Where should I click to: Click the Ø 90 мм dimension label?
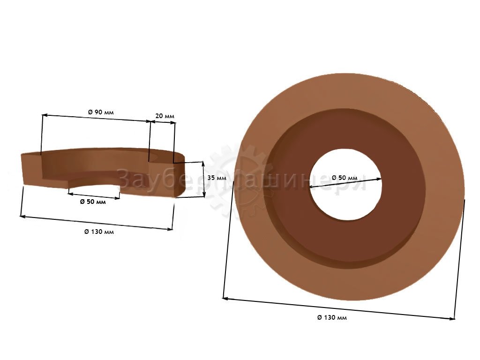tap(101, 112)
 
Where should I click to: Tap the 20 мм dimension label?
tap(165, 116)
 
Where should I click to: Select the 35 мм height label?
tap(217, 178)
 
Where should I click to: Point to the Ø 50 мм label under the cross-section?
tap(93, 202)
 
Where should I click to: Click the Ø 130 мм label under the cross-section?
tap(99, 232)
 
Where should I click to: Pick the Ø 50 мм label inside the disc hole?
tap(345, 178)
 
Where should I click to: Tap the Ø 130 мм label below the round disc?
tap(332, 317)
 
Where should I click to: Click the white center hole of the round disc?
tap(345, 185)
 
